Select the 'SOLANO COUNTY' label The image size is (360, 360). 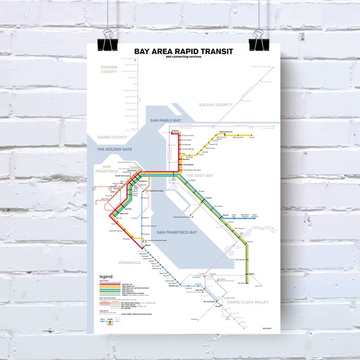[215, 106]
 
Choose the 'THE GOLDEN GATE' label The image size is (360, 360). [110, 149]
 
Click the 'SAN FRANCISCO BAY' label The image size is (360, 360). [176, 232]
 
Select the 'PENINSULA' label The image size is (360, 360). [129, 262]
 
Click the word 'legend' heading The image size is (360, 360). [106, 277]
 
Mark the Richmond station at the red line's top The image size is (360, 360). [175, 131]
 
